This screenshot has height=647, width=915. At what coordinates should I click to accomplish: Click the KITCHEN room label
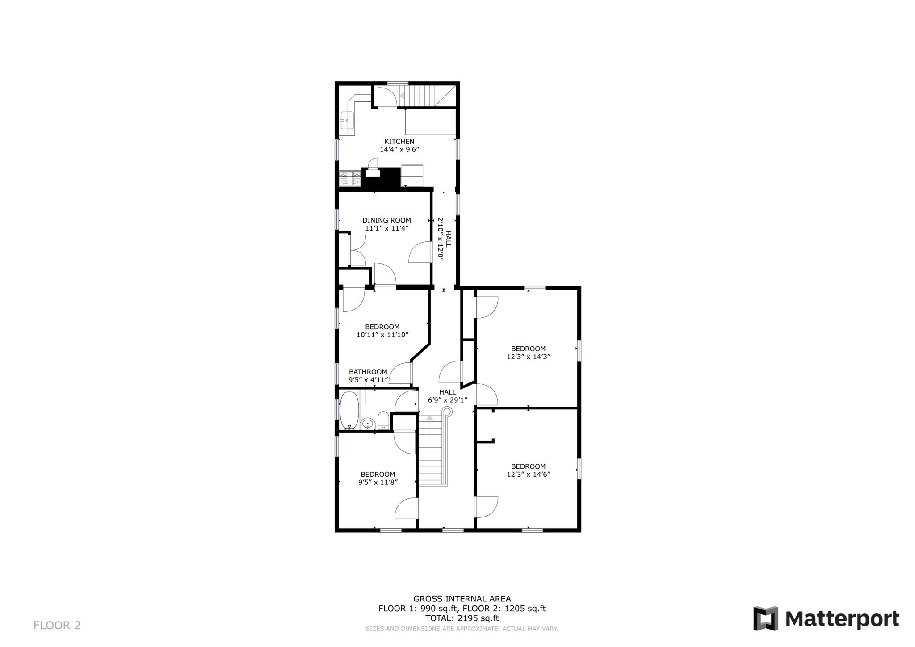399,142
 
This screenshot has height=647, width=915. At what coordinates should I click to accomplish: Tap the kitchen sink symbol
347,120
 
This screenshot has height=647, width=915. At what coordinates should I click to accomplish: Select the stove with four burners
350,179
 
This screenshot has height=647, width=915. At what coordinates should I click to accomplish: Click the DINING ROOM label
386,220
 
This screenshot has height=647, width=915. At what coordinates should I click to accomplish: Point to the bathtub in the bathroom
348,410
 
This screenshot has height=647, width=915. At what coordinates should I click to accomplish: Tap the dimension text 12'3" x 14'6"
528,475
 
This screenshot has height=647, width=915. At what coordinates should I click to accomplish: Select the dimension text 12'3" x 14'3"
528,357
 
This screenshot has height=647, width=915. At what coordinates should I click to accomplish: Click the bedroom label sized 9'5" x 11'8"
378,475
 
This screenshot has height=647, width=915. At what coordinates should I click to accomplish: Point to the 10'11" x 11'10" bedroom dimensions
382,335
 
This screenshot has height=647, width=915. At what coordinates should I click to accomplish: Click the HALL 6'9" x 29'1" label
448,396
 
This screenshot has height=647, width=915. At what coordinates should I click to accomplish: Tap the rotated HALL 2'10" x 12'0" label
444,239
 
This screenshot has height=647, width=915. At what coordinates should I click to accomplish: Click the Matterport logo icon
766,618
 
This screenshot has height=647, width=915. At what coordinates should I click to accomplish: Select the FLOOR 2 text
57,625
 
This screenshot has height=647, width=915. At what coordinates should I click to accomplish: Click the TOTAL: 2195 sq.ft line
462,618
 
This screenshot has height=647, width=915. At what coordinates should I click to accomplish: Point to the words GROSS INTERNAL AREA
462,599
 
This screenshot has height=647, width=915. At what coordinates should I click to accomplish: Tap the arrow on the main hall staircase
429,418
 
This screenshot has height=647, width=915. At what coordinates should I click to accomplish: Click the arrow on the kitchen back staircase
404,96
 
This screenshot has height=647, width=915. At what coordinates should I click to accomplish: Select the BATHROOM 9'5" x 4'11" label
368,376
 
